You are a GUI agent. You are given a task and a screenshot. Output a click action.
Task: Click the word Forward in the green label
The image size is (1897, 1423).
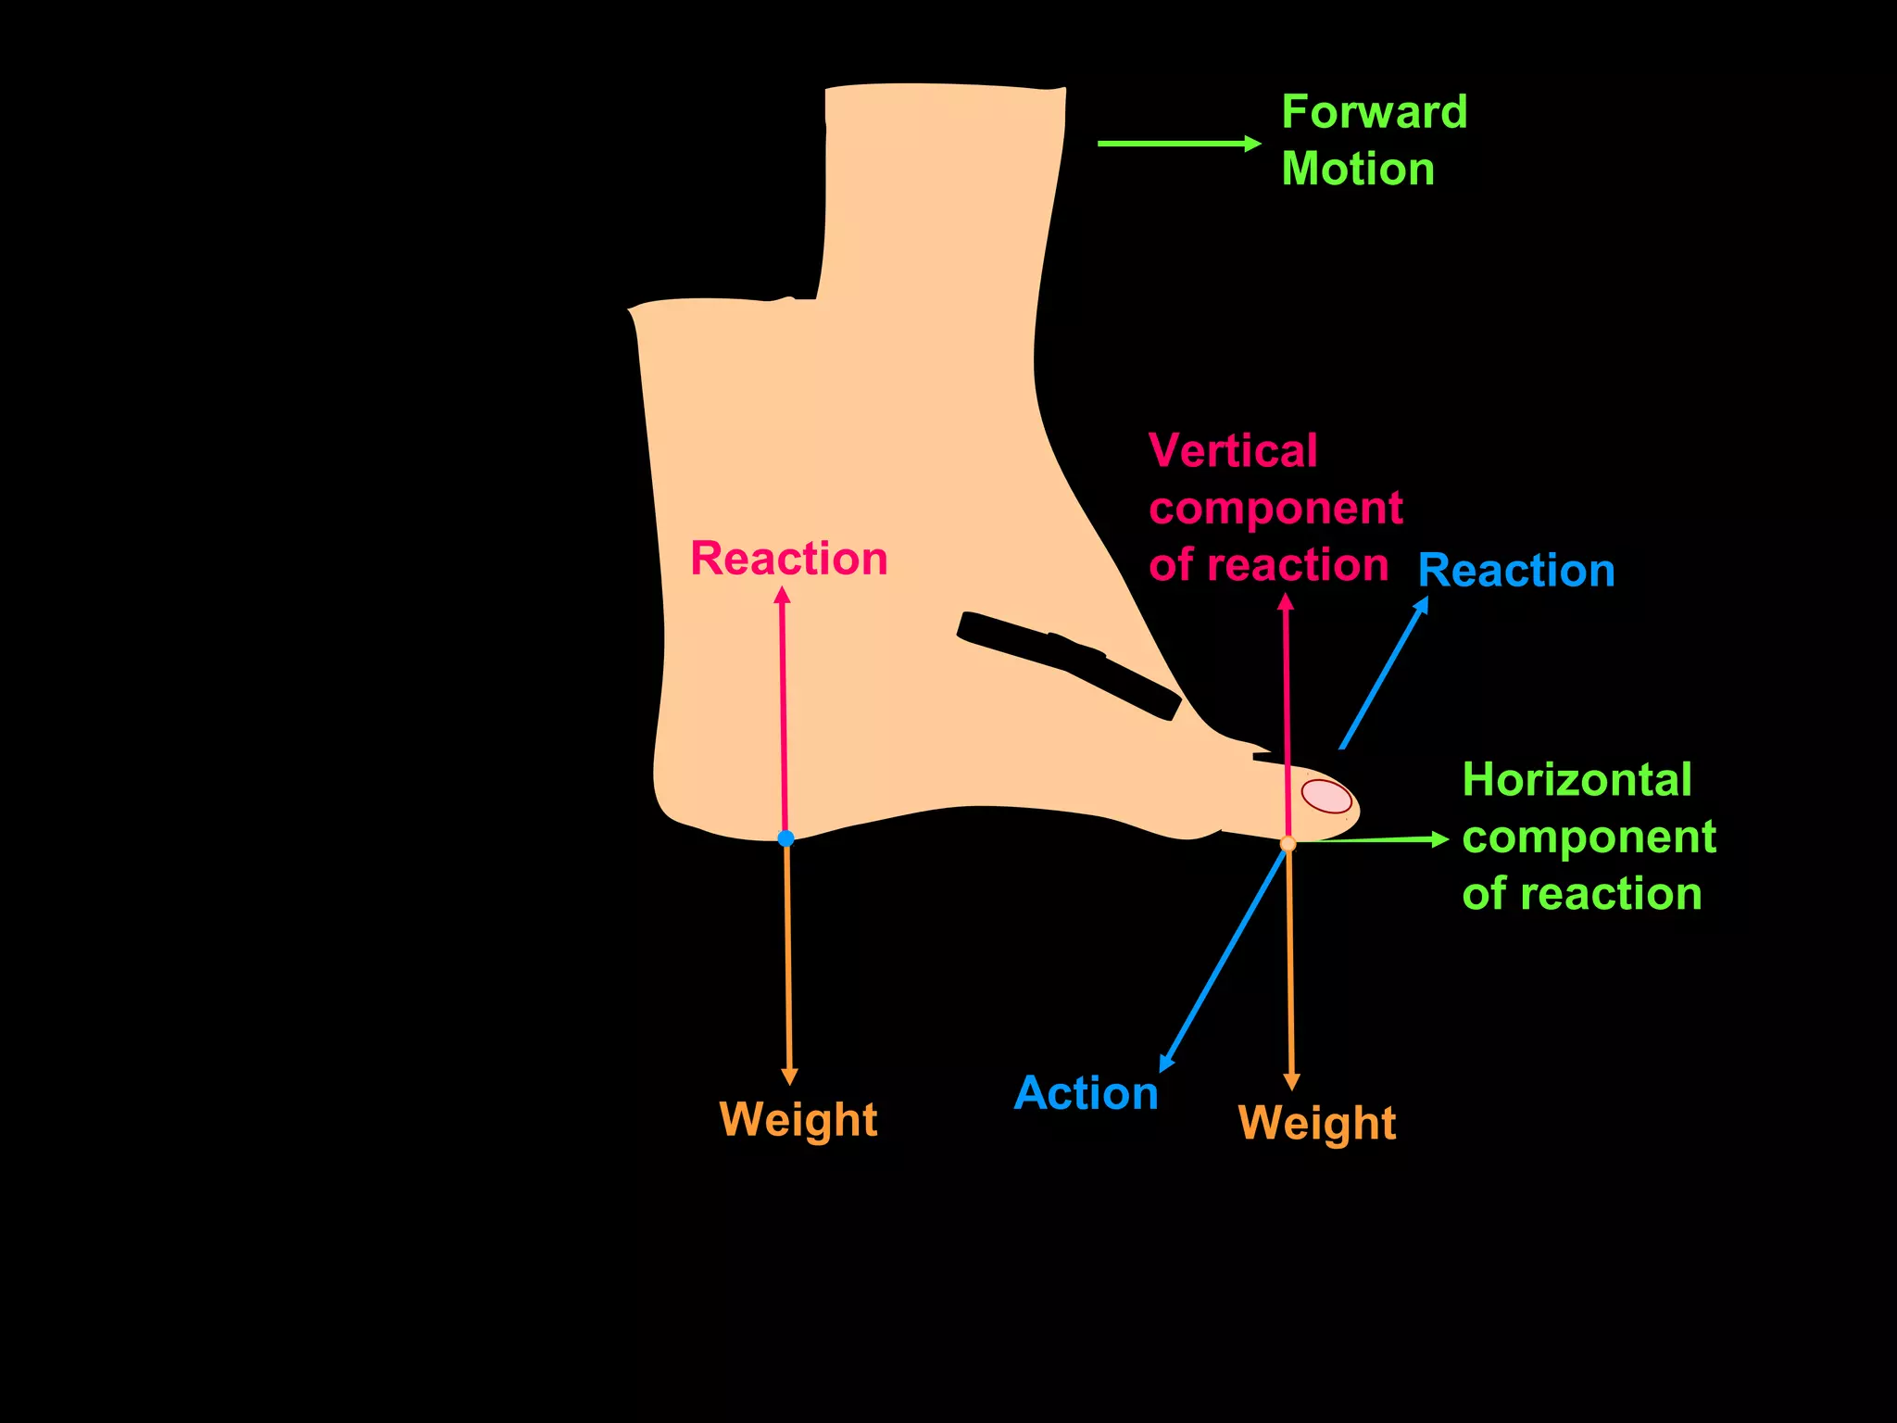tap(1374, 113)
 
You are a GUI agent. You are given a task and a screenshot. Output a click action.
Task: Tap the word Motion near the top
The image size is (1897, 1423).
tap(1358, 170)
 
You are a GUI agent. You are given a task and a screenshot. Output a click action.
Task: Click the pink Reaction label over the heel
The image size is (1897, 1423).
tap(789, 559)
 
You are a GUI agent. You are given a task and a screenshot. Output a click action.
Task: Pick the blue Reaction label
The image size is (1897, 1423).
tap(1516, 571)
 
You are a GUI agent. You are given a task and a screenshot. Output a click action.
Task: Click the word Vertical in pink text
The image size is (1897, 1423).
tap(1233, 451)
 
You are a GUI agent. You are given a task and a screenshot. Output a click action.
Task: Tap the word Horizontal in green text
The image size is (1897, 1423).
tap(1577, 780)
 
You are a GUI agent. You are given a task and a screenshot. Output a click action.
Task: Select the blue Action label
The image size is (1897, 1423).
tap(1086, 1093)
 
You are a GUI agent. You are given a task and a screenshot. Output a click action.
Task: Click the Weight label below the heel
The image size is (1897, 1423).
tap(798, 1119)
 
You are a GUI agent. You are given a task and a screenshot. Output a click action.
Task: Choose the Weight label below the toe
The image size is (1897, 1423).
tap(1317, 1123)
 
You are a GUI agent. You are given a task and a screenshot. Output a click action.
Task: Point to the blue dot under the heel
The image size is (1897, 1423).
tap(785, 838)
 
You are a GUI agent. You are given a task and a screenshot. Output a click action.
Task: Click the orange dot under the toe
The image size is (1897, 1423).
tap(1288, 844)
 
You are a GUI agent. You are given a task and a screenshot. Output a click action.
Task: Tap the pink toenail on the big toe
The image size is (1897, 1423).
tap(1326, 796)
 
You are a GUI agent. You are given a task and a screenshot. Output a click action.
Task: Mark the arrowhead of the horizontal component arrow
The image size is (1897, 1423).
tap(1440, 839)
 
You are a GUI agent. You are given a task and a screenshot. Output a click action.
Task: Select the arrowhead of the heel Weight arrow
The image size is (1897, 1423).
tap(789, 1077)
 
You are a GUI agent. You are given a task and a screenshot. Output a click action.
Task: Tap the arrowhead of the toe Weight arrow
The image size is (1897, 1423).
tap(1291, 1082)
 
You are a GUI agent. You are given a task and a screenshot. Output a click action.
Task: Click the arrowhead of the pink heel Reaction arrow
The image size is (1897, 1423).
tap(783, 595)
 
